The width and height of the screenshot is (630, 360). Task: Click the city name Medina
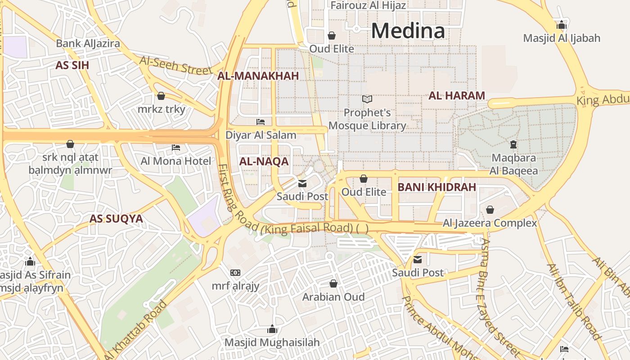tap(408, 31)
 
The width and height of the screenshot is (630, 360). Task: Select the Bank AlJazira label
tap(88, 43)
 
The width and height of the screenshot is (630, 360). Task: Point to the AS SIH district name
tap(72, 65)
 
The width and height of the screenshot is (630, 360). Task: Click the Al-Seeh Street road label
tap(175, 66)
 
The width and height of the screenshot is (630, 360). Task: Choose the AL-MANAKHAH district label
tap(258, 76)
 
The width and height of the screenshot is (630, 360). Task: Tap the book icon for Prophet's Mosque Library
tap(367, 99)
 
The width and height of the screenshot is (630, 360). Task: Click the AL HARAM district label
tap(456, 95)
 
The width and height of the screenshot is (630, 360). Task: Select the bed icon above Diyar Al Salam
tap(261, 121)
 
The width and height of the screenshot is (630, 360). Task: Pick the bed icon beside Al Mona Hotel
tap(176, 148)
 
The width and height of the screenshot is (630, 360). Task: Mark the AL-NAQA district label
tap(264, 162)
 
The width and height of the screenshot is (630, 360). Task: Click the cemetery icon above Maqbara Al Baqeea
tap(513, 144)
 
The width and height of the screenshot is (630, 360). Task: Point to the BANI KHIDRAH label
tap(436, 187)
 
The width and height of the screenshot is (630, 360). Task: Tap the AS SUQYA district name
tap(116, 219)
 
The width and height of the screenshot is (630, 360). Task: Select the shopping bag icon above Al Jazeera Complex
tap(490, 210)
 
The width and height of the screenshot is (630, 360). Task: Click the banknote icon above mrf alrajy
tap(235, 273)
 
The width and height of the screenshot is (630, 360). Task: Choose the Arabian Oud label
tap(333, 297)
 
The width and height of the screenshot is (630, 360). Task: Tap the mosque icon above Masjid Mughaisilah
tap(272, 329)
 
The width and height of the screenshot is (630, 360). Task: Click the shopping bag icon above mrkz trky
tap(161, 96)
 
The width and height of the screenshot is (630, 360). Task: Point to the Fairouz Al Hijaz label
tap(368, 5)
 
